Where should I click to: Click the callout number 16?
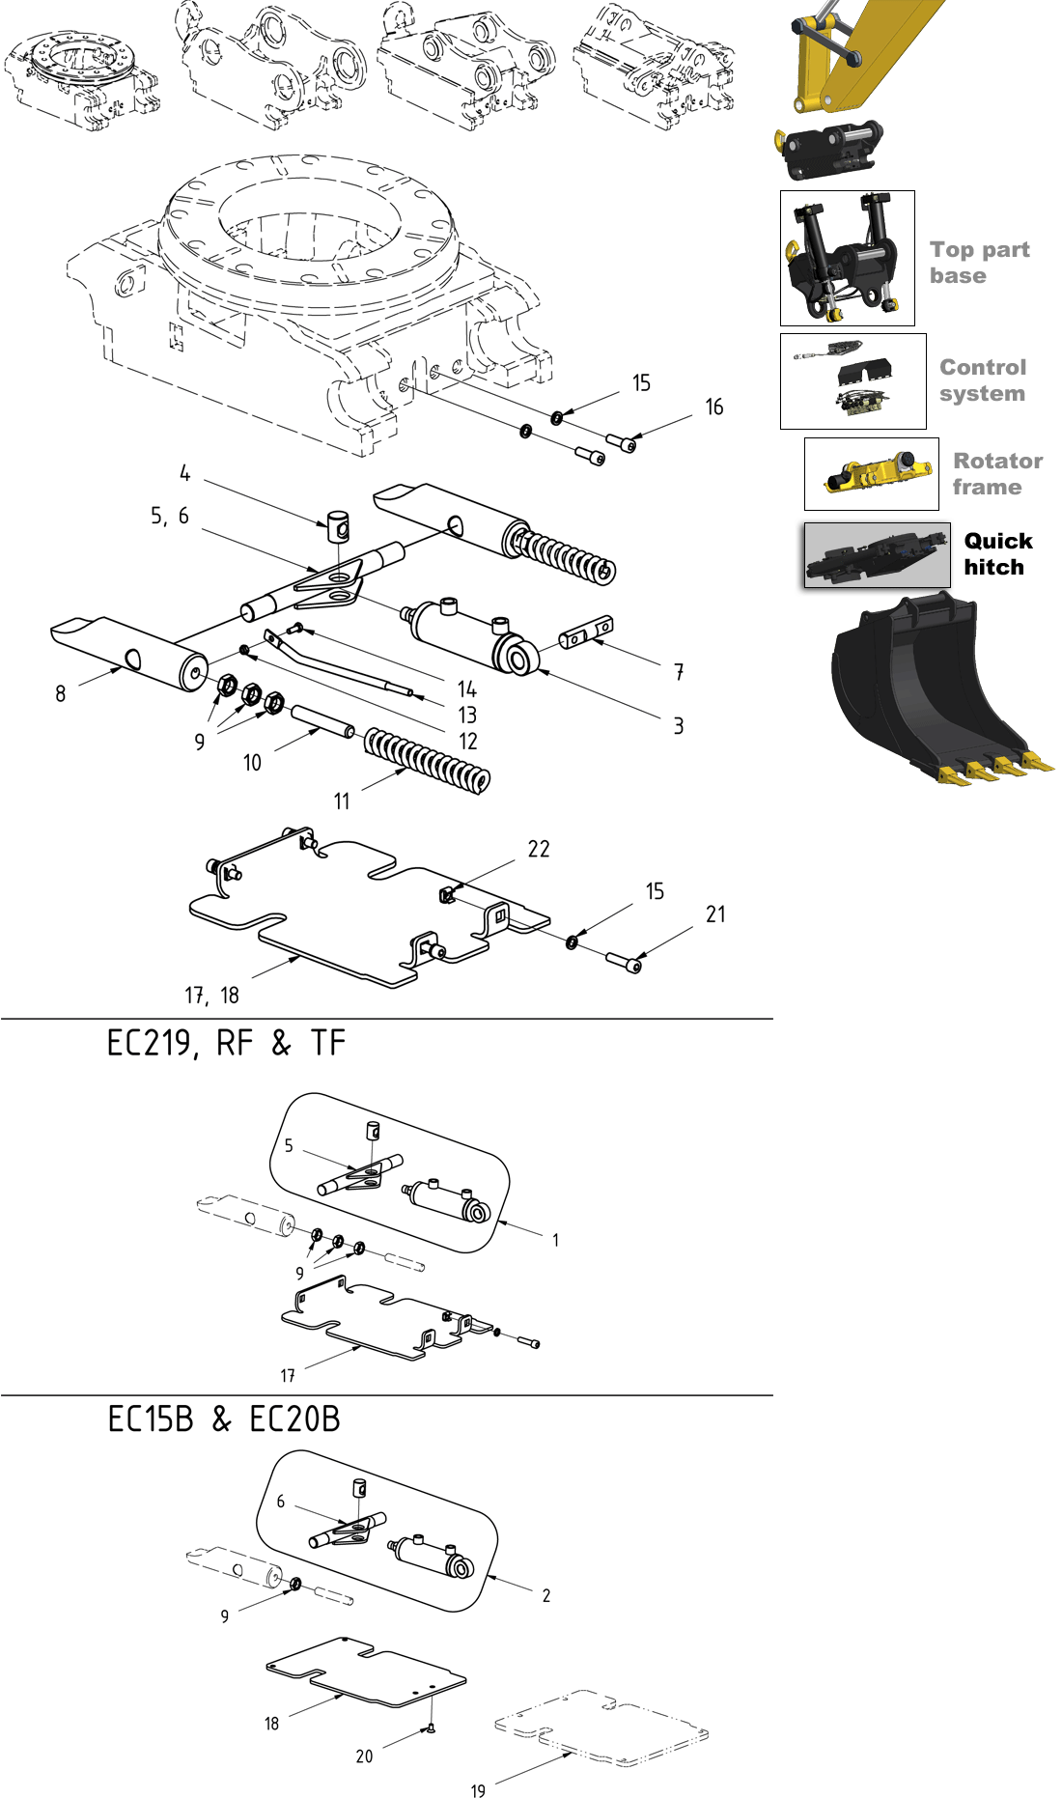pos(713,407)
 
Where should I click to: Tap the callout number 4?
pos(184,473)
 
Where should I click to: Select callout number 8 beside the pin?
pos(61,694)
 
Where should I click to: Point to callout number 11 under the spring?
pos(342,801)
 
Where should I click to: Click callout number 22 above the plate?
pos(539,850)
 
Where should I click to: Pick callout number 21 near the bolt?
pos(715,914)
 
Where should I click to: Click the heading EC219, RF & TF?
pos(226,1044)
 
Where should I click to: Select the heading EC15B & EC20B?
pos(224,1419)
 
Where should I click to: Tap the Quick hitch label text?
pos(997,554)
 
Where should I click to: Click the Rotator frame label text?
pos(997,474)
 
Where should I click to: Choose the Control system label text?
pos(983,380)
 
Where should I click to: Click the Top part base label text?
pos(979,263)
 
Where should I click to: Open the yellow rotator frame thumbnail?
pos(872,474)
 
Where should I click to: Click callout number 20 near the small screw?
pos(364,1756)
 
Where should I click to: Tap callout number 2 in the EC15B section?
pos(546,1596)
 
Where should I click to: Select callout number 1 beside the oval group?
pos(555,1241)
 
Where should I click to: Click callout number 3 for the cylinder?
pos(679,726)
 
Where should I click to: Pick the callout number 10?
pos(252,764)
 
